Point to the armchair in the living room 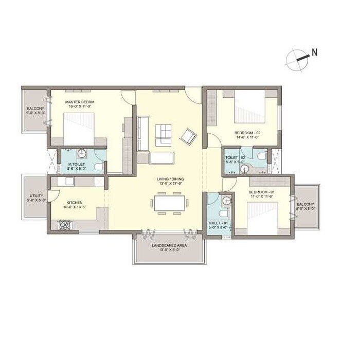[x=188, y=136]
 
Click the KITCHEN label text [x=75, y=203]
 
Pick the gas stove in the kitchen [x=66, y=224]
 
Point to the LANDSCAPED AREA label [x=169, y=246]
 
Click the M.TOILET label [x=76, y=164]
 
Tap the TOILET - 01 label [x=217, y=223]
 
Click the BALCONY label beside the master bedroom [x=35, y=109]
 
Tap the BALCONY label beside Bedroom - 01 [x=305, y=205]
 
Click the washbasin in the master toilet [x=81, y=153]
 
